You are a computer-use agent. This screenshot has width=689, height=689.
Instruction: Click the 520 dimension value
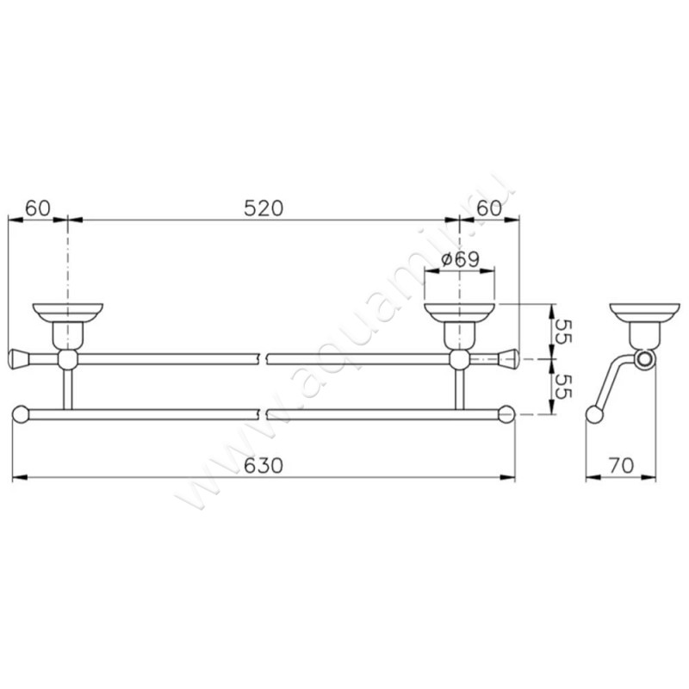pyautogui.click(x=263, y=208)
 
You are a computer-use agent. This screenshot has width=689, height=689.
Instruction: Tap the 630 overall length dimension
pyautogui.click(x=263, y=465)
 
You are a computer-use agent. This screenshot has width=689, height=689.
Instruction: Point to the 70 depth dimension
pyautogui.click(x=622, y=465)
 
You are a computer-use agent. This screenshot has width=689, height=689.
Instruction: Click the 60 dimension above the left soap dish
pyautogui.click(x=37, y=208)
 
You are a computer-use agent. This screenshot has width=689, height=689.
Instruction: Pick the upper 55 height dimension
pyautogui.click(x=563, y=331)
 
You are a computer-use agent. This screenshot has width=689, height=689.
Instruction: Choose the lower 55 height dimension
pyautogui.click(x=563, y=388)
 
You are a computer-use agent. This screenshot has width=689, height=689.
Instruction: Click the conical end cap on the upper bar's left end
pyautogui.click(x=19, y=357)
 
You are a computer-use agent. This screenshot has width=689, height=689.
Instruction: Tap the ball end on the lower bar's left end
pyautogui.click(x=21, y=414)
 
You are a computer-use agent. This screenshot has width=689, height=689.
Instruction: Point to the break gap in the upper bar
pyautogui.click(x=264, y=357)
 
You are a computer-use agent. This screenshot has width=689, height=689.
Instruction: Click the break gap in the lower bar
pyautogui.click(x=264, y=414)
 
